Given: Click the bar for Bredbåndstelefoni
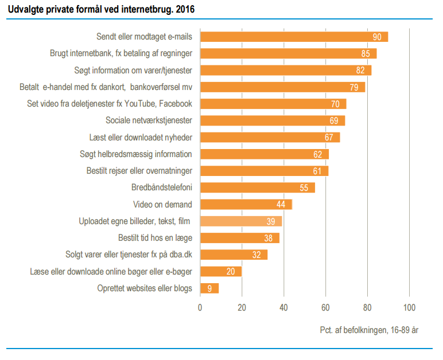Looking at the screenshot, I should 257,187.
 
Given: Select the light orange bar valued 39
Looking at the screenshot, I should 240,221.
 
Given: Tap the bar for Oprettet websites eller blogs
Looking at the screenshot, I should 209,288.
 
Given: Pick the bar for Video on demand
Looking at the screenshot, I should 246,204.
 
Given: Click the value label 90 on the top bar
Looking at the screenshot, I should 377,37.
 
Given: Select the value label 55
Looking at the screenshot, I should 304,188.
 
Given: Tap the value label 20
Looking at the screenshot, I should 231,272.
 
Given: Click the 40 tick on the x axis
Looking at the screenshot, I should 283,307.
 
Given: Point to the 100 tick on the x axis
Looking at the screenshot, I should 409,307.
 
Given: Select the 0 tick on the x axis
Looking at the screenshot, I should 200,307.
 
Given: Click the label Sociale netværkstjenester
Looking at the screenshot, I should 149,120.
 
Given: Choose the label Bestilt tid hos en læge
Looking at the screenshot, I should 155,237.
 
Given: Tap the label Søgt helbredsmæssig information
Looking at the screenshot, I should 135,154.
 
